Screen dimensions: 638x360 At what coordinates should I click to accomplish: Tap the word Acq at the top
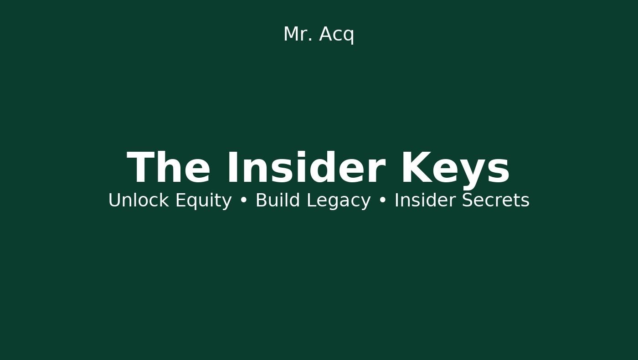tap(337, 35)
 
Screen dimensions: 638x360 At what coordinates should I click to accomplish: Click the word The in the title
tap(169, 167)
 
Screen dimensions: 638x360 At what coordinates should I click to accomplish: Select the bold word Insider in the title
tap(306, 167)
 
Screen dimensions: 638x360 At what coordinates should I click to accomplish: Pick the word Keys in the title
tap(456, 170)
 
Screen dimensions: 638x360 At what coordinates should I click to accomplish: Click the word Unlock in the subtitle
tap(139, 200)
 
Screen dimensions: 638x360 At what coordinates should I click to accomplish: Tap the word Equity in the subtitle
tap(204, 201)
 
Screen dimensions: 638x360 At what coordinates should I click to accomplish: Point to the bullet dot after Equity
tap(243, 201)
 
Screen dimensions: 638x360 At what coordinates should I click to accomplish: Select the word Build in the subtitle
tap(278, 200)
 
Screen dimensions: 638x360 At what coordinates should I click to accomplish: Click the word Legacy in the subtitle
tap(339, 201)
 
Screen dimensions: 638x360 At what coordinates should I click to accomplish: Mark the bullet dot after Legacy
tap(382, 201)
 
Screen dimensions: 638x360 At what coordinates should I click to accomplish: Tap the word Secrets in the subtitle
tap(496, 200)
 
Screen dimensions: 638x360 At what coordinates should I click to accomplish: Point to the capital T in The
tap(139, 167)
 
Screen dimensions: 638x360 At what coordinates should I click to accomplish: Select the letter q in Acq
tap(349, 36)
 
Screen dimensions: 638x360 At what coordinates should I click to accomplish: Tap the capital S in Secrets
tap(468, 200)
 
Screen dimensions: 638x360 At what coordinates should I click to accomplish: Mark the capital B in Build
tap(261, 200)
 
